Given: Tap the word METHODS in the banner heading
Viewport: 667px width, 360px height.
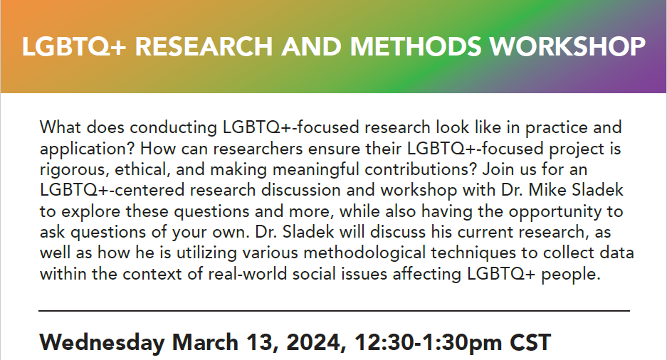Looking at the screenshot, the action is [416, 46].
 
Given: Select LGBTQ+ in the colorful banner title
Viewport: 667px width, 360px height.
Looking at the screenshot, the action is [74, 47].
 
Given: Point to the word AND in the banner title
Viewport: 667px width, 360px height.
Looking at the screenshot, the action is [311, 46].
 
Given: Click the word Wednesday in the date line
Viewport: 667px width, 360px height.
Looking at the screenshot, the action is [102, 343].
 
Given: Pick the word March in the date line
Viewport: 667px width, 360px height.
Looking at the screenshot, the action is [205, 342].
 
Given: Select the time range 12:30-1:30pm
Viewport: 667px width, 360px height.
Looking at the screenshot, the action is [428, 343].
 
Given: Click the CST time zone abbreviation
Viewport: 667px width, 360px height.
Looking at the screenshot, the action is [530, 342].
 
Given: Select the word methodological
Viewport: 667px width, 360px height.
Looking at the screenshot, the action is [364, 253].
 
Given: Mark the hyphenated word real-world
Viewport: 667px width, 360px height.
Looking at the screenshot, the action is [248, 274].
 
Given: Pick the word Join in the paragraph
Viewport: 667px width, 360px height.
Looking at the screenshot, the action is [495, 169].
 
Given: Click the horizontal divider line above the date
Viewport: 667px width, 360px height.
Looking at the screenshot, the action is [334, 311].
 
